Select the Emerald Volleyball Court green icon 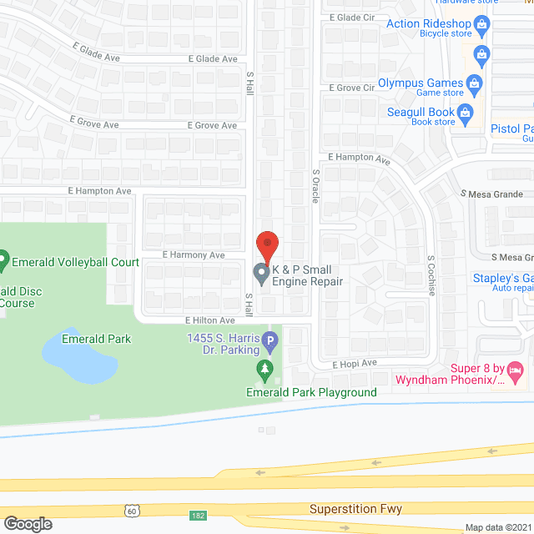coord(3,261)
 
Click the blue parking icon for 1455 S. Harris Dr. coord(270,340)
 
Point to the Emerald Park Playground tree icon coord(265,368)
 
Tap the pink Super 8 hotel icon coord(516,369)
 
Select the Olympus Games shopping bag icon coord(474,83)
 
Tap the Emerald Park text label coord(97,339)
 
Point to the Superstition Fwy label coord(355,508)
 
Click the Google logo coord(27,523)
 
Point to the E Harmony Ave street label coord(194,254)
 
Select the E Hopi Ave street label coord(355,364)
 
